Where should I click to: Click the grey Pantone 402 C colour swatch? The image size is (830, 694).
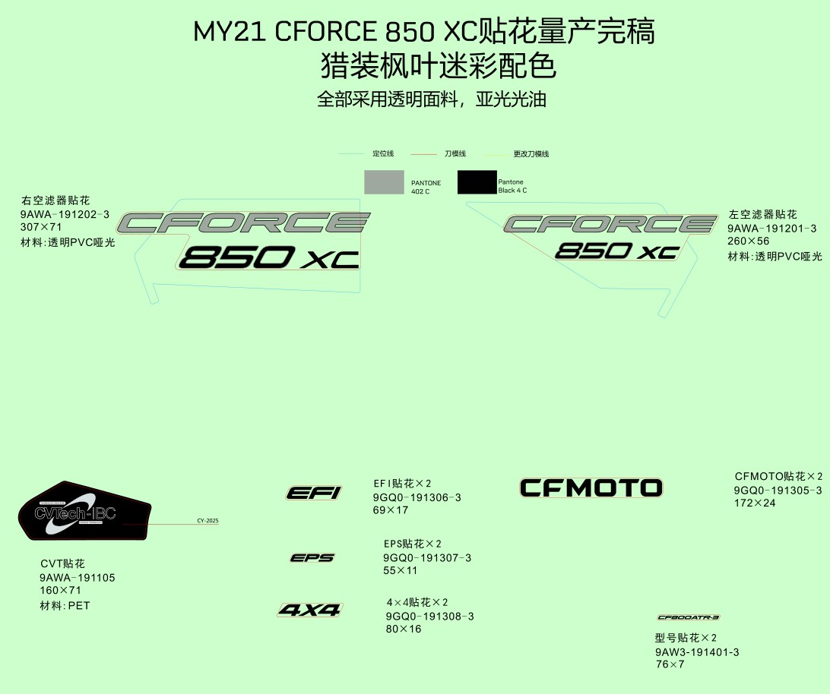(384, 182)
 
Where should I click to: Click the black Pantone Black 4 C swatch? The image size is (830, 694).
(477, 182)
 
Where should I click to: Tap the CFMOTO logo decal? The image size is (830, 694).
(591, 487)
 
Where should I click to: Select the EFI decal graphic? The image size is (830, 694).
(314, 493)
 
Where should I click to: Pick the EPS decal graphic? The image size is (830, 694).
(312, 558)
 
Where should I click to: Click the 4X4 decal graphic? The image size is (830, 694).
(310, 610)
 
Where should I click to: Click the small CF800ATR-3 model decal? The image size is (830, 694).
(688, 617)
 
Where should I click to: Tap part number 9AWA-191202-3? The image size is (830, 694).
(65, 215)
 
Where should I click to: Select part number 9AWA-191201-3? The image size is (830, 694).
(771, 229)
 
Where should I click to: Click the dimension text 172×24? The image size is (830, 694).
(755, 503)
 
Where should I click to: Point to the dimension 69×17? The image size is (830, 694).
(391, 510)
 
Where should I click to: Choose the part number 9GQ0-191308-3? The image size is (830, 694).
(429, 617)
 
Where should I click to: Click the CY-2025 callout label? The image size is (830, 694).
(207, 521)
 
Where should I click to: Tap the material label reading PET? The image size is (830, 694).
(79, 606)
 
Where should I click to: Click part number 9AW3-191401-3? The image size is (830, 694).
(697, 652)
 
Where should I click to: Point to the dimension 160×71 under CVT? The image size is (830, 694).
(60, 590)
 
